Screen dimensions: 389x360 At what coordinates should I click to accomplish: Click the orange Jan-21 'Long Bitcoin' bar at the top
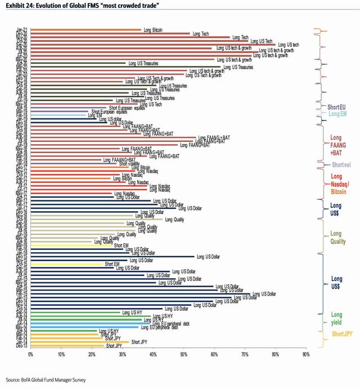(x=84, y=29)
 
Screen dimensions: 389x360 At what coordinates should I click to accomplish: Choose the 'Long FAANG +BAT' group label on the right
(x=336, y=145)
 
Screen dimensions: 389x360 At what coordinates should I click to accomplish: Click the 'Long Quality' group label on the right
(x=336, y=238)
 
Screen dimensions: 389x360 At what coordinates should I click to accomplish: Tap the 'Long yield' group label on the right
(x=336, y=319)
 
